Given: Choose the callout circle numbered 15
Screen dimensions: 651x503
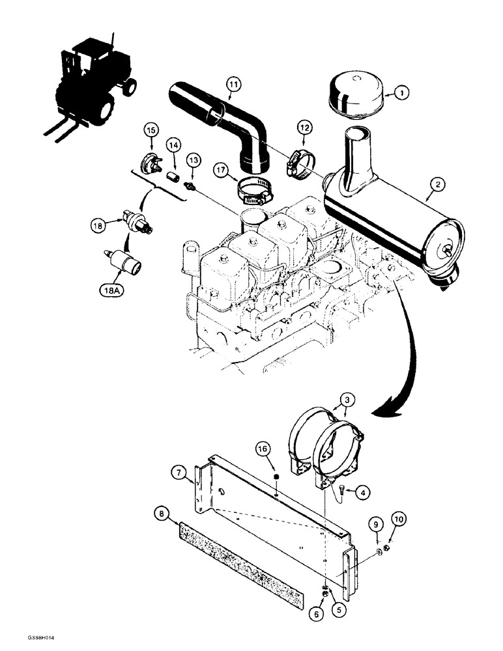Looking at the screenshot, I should point(151,131).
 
